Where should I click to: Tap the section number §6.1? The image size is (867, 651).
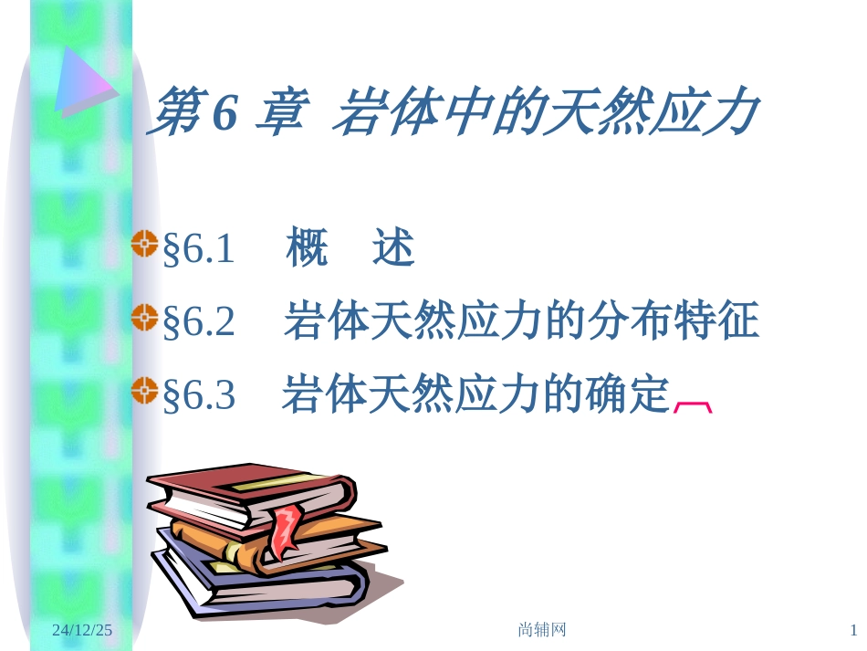(198, 249)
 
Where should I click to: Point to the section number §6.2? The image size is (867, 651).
(198, 322)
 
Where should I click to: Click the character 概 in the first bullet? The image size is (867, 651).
(307, 248)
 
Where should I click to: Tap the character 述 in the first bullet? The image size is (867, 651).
(393, 248)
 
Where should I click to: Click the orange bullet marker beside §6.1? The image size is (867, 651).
(145, 244)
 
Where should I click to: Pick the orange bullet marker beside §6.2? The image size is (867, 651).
(145, 318)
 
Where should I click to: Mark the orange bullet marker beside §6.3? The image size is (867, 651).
(145, 391)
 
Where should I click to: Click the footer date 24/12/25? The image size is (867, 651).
(82, 630)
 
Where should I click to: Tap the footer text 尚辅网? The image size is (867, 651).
(542, 630)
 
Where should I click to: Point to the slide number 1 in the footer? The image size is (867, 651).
(853, 630)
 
